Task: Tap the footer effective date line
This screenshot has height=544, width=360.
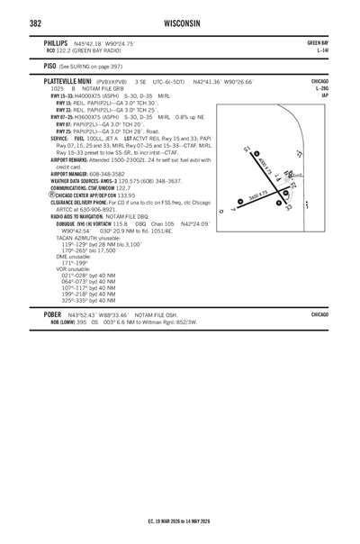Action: coord(180,521)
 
